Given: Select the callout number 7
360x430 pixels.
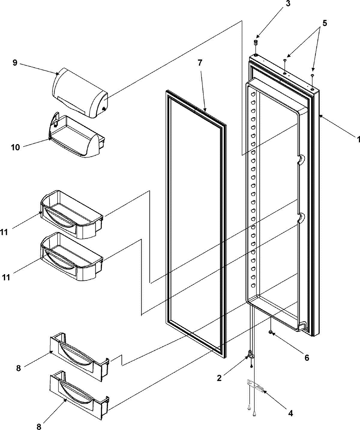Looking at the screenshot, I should point(200,63).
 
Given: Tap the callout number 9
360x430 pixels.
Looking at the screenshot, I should point(15,63).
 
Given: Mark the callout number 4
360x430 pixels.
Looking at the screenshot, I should point(290,414).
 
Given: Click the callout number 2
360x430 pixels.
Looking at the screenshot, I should point(220,378).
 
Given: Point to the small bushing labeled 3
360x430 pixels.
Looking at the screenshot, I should point(256,43).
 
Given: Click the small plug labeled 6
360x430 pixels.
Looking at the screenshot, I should point(271,332).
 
